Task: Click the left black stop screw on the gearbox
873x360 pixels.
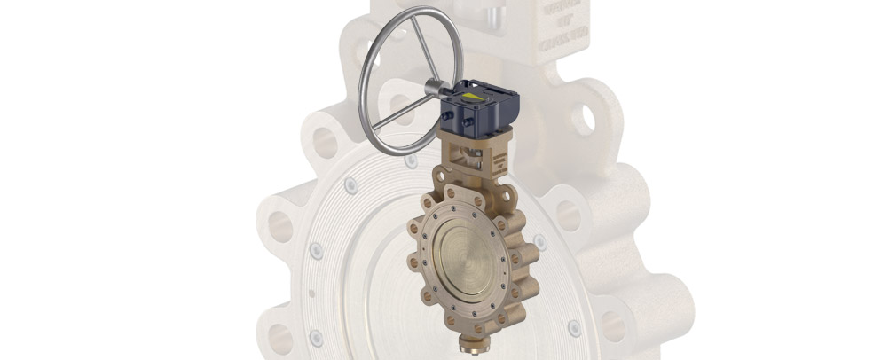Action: pyautogui.click(x=456, y=117)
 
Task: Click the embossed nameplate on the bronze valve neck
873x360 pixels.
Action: pyautogui.click(x=500, y=162)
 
